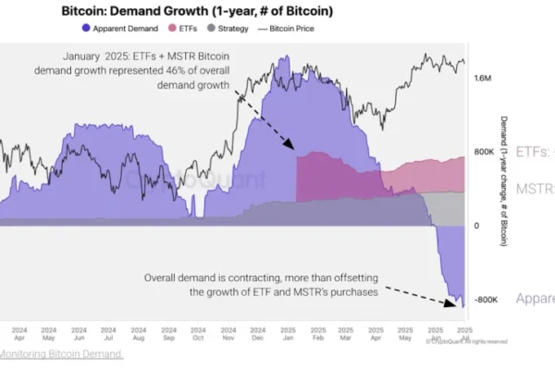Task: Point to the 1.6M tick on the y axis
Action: (482, 79)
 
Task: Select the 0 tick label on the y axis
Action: (475, 226)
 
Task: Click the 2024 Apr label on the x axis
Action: (19, 333)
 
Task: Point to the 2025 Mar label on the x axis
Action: (344, 333)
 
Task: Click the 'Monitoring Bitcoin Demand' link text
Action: (61, 354)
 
